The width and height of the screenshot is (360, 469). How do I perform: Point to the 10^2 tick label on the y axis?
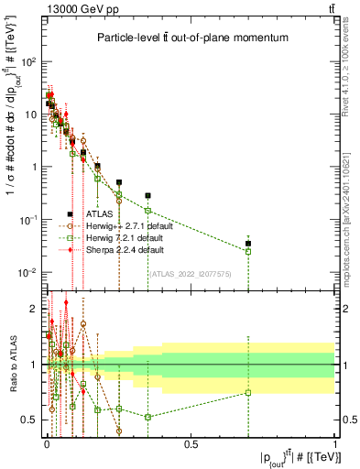tap(28, 61)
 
